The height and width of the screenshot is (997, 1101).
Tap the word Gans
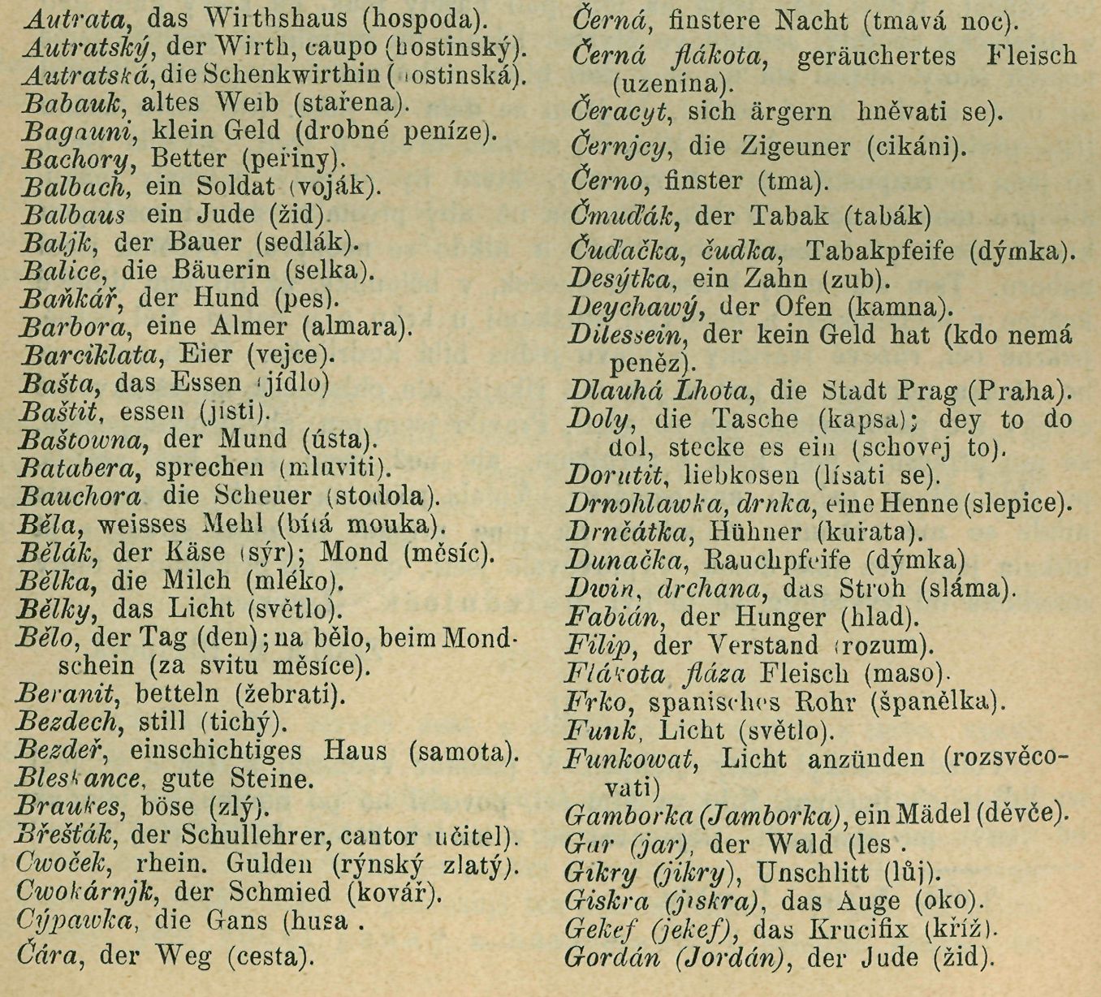[240, 921]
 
